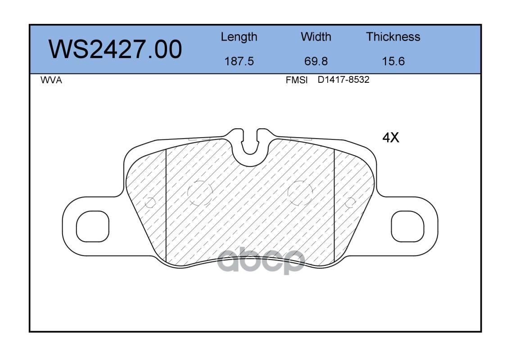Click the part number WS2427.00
pyautogui.click(x=115, y=49)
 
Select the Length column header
pyautogui.click(x=239, y=37)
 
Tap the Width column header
pyautogui.click(x=316, y=36)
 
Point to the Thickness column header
pyautogui.click(x=393, y=36)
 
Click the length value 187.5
pyautogui.click(x=239, y=61)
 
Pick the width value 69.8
pyautogui.click(x=316, y=61)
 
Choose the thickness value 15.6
pyautogui.click(x=393, y=61)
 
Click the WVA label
pyautogui.click(x=51, y=80)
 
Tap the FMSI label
pyautogui.click(x=297, y=80)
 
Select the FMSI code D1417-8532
pyautogui.click(x=344, y=80)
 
